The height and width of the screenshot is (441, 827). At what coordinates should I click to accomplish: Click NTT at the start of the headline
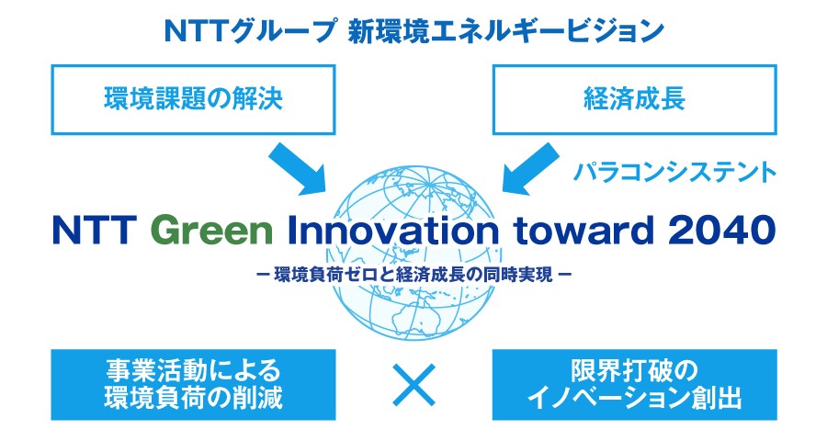tap(95, 231)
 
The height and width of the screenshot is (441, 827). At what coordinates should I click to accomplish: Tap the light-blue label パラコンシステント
tap(674, 173)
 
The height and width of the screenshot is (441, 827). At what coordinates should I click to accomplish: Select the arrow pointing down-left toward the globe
tap(529, 168)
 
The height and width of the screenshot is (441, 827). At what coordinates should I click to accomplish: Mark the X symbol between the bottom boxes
tap(414, 385)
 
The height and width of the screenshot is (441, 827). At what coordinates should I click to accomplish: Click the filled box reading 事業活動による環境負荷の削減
tap(193, 385)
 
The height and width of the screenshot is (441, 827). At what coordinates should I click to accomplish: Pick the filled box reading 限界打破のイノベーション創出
tap(634, 385)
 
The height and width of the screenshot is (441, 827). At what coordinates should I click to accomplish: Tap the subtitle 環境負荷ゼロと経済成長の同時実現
tap(413, 275)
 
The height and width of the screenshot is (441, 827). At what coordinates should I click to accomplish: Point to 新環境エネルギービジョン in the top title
tap(505, 31)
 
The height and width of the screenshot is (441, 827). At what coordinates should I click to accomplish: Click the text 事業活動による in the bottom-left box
tap(193, 371)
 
